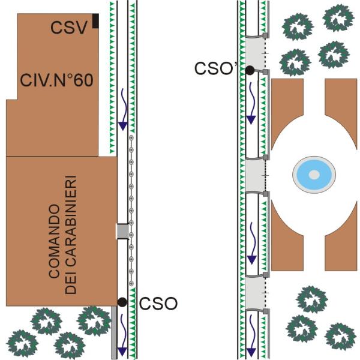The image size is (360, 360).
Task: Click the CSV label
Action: (x=69, y=28)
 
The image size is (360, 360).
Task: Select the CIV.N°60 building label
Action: (x=57, y=79)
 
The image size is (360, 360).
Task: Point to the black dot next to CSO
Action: (x=122, y=302)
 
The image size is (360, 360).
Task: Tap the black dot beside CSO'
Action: (x=249, y=71)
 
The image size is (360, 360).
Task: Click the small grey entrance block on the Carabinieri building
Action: (x=122, y=231)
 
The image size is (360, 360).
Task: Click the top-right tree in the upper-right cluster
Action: (x=337, y=18)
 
